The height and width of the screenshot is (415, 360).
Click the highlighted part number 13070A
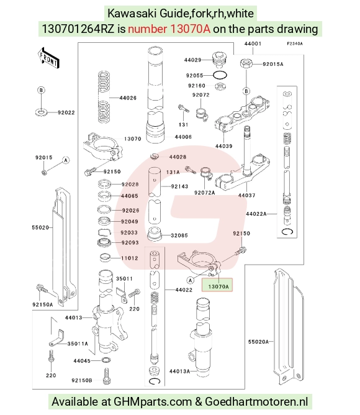tap(218, 286)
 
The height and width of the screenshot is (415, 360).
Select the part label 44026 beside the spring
tap(128, 98)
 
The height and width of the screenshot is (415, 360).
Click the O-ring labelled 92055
tap(220, 75)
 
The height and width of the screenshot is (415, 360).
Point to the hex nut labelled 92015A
tap(246, 64)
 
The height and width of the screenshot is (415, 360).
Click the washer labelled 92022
tap(41, 112)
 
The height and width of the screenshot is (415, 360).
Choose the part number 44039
tap(224, 146)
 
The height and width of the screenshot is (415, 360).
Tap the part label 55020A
tap(258, 342)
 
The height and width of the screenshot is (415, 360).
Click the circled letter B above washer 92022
tap(41, 90)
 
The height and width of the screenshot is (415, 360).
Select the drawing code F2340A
tap(295, 43)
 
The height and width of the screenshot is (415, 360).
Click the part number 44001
tap(253, 43)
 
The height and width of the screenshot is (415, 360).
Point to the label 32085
tap(179, 235)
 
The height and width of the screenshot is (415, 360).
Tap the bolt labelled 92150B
tap(107, 376)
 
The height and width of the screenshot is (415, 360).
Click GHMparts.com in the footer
tap(153, 402)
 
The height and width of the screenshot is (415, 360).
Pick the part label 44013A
tap(179, 372)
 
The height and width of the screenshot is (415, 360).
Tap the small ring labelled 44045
tap(106, 360)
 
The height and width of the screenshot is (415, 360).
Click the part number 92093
tap(130, 242)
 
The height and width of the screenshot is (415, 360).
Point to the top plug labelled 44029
tap(218, 60)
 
